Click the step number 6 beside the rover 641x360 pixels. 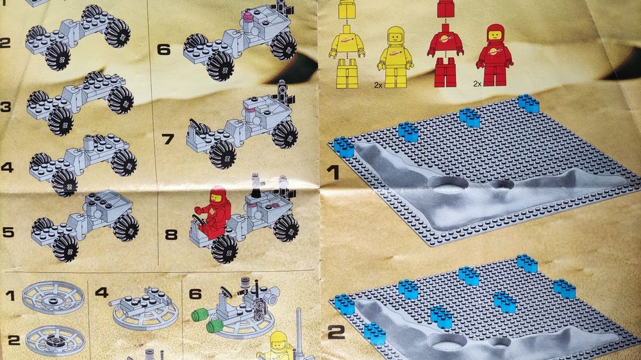163,49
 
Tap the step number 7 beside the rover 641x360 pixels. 168,139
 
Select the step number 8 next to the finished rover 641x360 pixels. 171,234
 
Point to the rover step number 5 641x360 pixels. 8,232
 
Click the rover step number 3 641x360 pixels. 6,107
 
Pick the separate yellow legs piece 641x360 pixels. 347,74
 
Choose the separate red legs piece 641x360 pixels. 445,72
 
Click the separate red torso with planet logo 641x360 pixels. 445,40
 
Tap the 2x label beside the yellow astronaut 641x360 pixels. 378,85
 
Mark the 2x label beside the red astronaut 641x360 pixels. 478,84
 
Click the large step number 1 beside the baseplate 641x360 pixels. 333,172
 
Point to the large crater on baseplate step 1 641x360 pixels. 449,184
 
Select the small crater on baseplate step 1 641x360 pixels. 502,184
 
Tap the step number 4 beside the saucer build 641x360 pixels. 101,292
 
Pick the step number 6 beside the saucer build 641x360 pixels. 196,293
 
